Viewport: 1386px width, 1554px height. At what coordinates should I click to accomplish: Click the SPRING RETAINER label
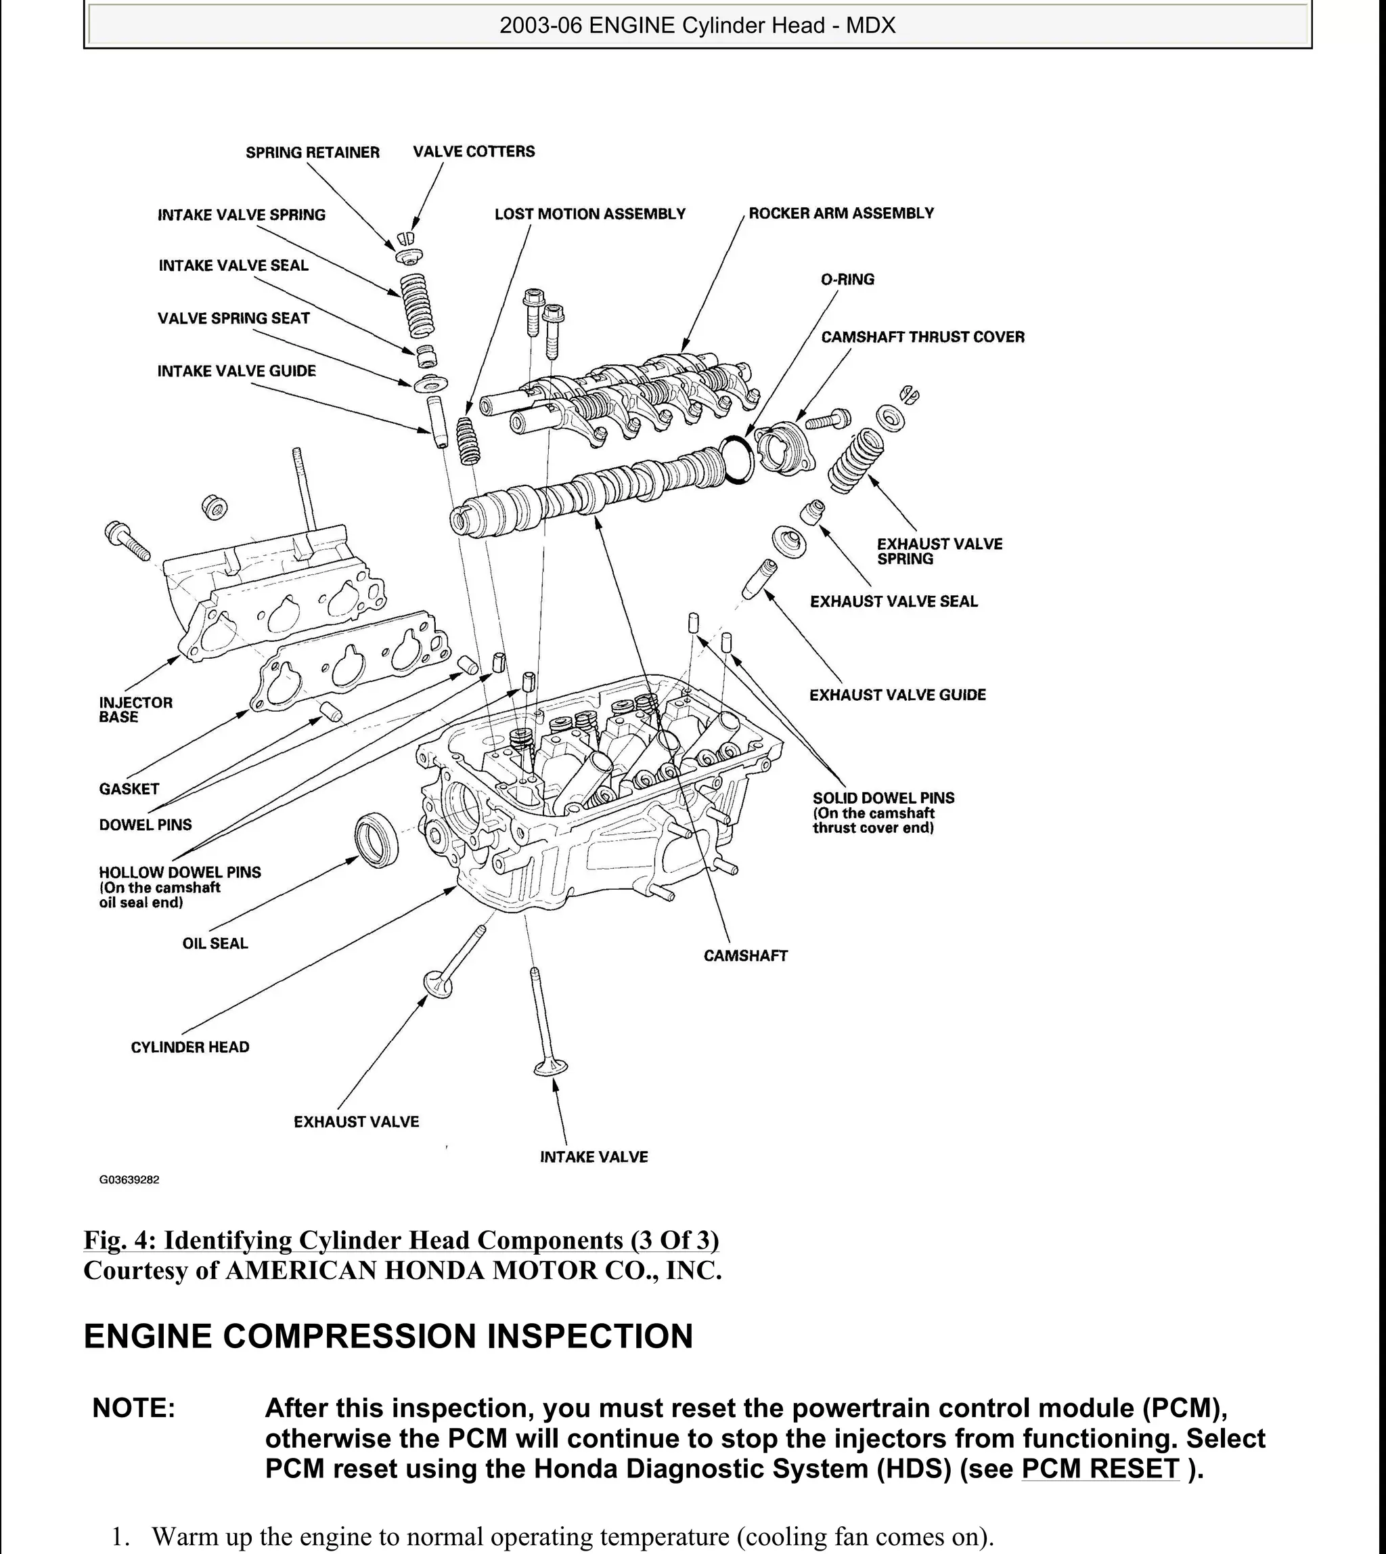tap(312, 152)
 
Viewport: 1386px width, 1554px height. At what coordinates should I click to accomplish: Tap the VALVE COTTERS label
tap(474, 152)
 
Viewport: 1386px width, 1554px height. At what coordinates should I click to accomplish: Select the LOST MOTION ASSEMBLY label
tap(590, 214)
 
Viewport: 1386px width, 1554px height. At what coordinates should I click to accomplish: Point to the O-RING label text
tap(847, 280)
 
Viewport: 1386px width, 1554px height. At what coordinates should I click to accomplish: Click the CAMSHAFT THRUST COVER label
tap(922, 337)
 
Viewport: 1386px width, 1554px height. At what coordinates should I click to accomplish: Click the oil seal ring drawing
tap(376, 840)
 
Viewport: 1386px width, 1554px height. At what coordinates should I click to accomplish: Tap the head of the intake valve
tap(551, 1068)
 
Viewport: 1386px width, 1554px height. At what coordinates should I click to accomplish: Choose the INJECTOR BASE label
tap(135, 710)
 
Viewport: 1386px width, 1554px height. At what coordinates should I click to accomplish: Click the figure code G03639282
tap(129, 1180)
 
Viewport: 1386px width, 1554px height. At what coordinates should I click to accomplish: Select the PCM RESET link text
tap(1100, 1468)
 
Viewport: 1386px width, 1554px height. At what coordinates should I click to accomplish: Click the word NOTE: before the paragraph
tap(134, 1408)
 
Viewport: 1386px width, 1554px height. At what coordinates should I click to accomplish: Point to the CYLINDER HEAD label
tap(189, 1048)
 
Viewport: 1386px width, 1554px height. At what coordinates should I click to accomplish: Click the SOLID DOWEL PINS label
tap(883, 798)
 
